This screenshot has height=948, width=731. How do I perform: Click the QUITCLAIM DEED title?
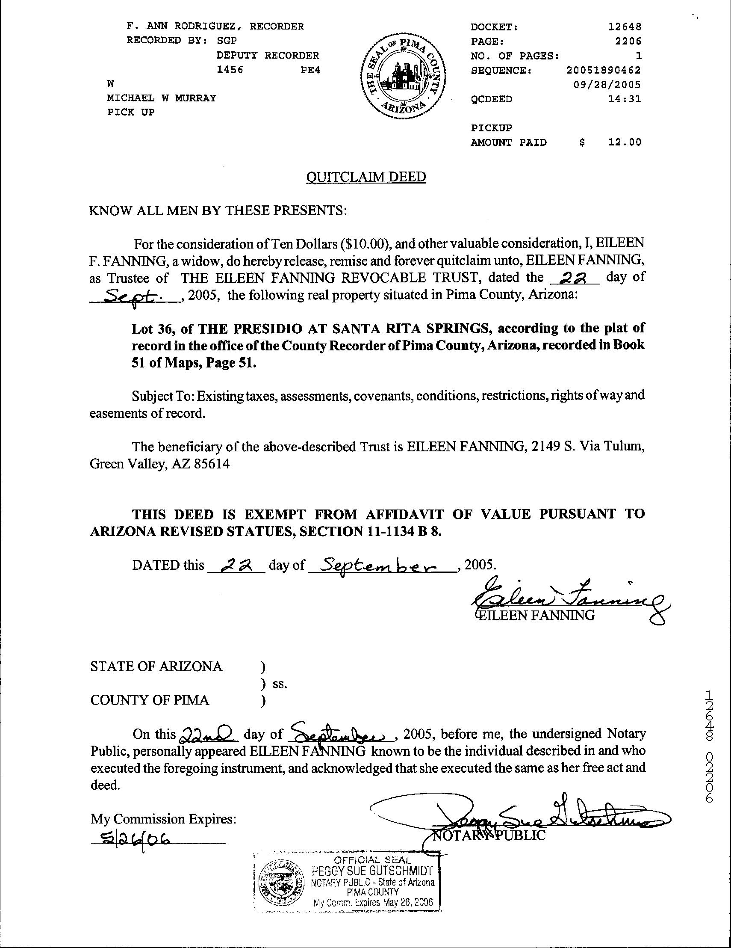366,177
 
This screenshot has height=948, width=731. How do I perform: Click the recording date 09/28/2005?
607,85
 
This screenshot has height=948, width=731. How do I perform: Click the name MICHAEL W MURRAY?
162,98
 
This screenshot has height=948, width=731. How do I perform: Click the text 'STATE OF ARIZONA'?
156,666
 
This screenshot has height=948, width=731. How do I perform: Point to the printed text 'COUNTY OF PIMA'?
150,700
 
